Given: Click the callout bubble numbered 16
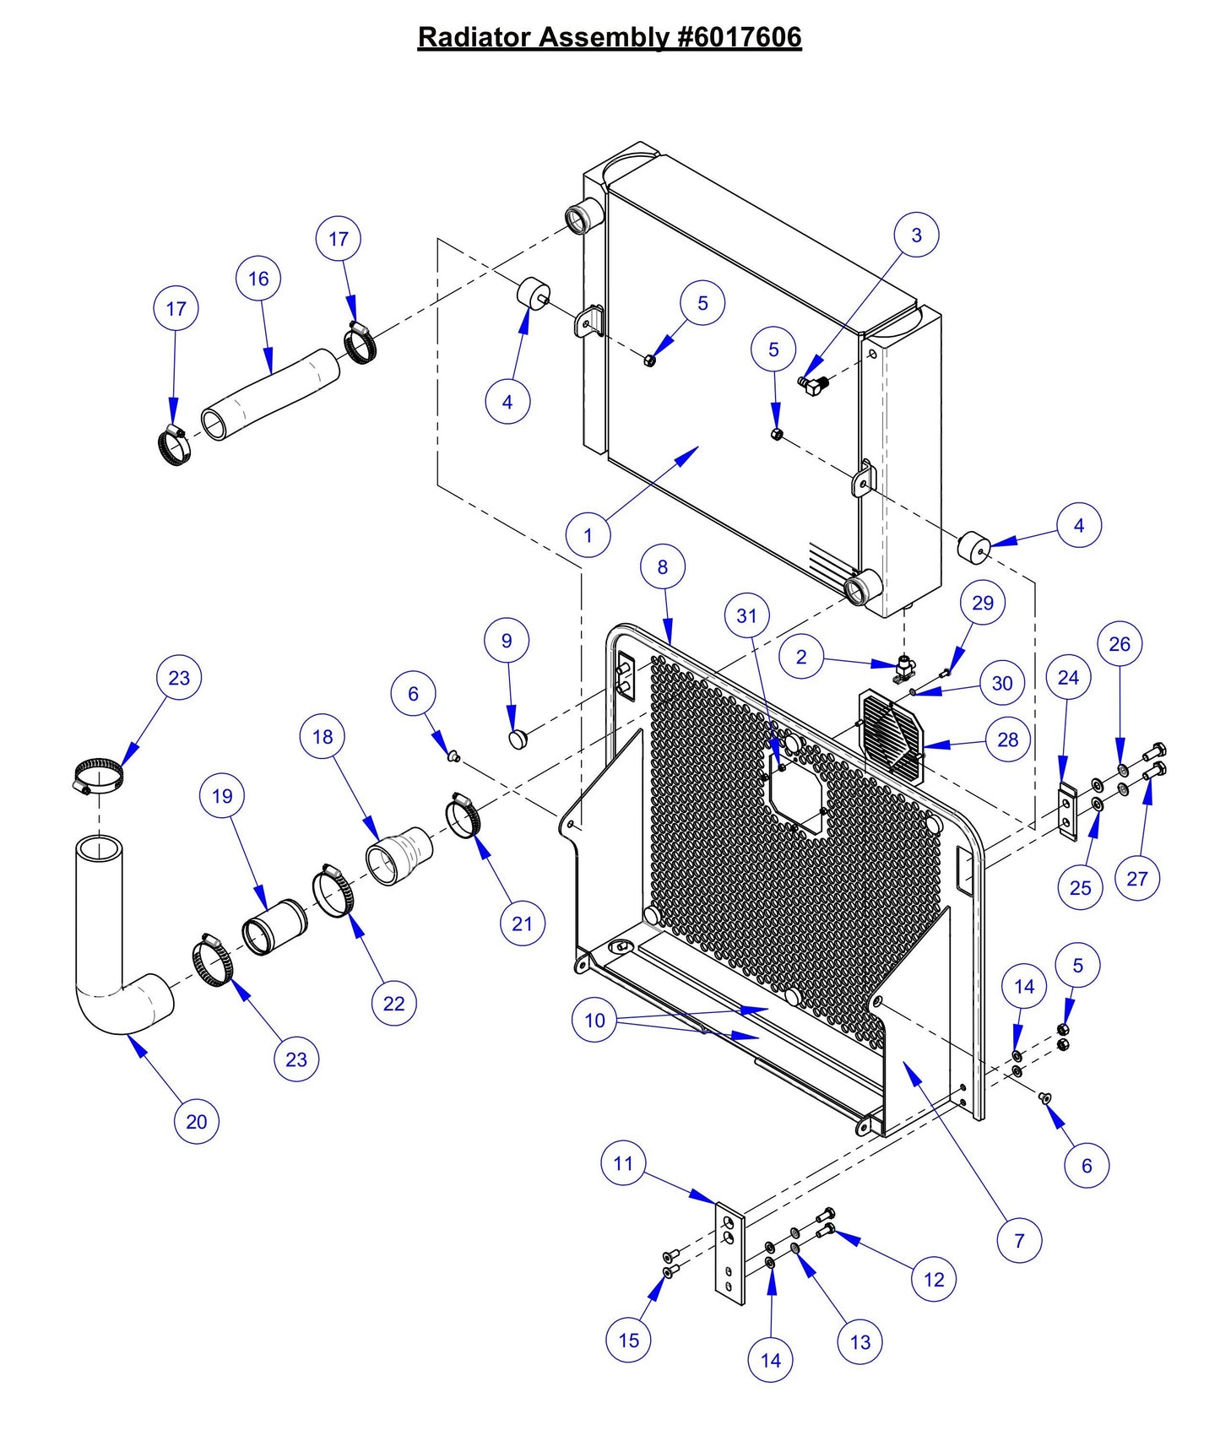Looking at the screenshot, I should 258,279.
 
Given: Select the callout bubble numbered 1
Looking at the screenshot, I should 588,535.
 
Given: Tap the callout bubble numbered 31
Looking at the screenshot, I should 746,615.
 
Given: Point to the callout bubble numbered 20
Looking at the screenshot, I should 196,1121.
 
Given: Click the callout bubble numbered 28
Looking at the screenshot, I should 1008,739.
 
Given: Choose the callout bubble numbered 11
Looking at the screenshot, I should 623,1163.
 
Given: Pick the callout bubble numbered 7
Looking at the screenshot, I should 1019,1240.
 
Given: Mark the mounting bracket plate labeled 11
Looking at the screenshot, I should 730,1254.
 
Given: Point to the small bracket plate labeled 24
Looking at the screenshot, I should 1068,811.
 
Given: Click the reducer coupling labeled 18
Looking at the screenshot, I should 399,855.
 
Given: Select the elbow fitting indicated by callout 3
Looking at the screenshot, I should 813,386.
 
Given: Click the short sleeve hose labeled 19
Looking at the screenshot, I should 274,927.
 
